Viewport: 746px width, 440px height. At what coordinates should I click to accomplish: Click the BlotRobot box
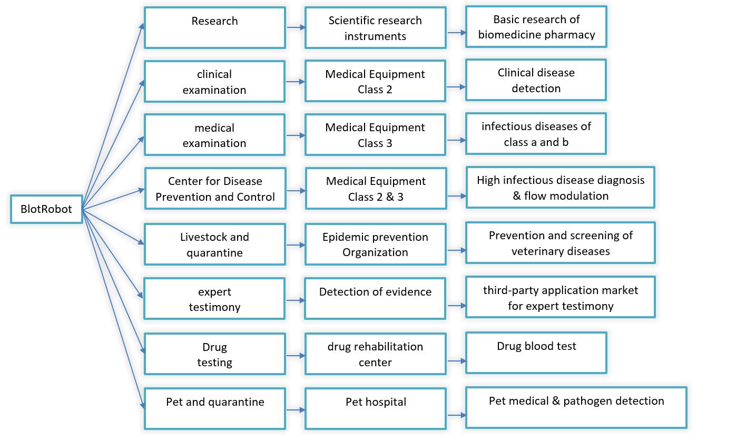click(x=46, y=209)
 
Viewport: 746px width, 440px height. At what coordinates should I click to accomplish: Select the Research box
click(x=215, y=27)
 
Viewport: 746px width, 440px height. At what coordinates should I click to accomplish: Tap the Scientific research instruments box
click(x=375, y=27)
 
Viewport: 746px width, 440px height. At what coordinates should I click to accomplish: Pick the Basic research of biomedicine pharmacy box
click(x=536, y=27)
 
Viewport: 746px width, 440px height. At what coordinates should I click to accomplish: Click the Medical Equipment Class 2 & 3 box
click(x=376, y=189)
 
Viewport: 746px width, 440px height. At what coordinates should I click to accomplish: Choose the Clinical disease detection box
click(x=536, y=80)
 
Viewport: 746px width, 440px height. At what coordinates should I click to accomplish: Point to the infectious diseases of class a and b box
click(x=536, y=133)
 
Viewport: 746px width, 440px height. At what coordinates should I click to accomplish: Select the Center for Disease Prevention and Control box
click(x=215, y=189)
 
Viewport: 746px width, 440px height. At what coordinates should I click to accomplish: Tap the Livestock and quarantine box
click(x=215, y=245)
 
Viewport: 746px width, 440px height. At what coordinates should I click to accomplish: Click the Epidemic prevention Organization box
click(x=375, y=245)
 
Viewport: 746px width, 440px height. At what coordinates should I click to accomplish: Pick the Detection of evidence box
click(x=375, y=299)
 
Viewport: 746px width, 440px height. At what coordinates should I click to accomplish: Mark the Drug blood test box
click(x=536, y=353)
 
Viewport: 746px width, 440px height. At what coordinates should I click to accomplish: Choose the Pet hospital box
click(x=376, y=409)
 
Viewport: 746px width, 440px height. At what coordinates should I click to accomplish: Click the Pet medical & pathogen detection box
click(x=576, y=408)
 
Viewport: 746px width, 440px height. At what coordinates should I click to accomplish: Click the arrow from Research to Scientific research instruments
click(x=296, y=27)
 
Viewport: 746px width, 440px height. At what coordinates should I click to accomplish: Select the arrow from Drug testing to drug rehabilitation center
click(x=296, y=356)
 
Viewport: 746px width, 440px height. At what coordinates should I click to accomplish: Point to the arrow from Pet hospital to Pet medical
click(x=457, y=415)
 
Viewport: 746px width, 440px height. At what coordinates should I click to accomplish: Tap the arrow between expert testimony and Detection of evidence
click(x=296, y=300)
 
